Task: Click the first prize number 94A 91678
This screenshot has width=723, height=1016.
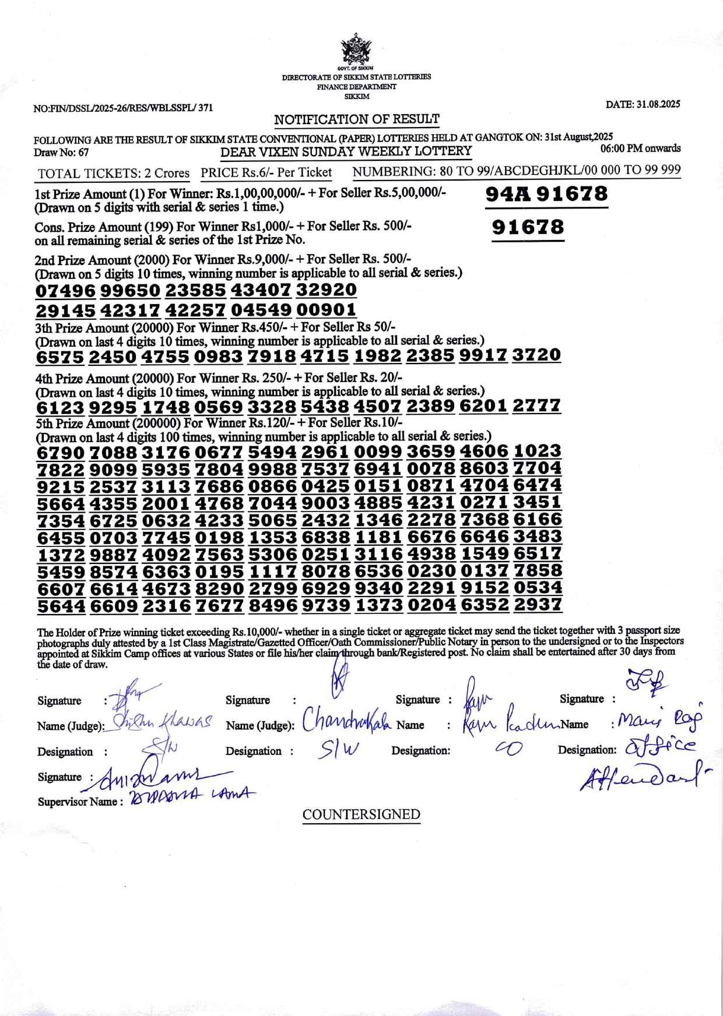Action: coord(546,194)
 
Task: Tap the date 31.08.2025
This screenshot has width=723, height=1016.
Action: coord(643,104)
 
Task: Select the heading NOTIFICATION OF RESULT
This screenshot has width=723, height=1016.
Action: coord(357,119)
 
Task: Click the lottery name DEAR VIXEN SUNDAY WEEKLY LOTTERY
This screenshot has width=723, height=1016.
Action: coord(346,151)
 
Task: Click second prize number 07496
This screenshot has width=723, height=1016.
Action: coord(65,291)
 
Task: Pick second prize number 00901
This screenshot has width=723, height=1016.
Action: coord(326,310)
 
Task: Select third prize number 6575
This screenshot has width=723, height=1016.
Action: coord(60,357)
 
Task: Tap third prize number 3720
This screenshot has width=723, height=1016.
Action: coord(536,355)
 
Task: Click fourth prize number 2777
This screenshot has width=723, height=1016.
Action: coord(536,405)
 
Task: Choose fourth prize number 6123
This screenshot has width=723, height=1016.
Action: coord(60,407)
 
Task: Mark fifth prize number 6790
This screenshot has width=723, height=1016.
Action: coord(61,453)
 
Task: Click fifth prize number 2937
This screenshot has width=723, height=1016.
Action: coord(538,605)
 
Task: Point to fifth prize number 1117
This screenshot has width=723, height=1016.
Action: coord(273,571)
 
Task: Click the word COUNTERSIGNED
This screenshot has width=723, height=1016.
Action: coord(361,814)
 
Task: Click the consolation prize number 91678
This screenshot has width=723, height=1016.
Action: coord(528,227)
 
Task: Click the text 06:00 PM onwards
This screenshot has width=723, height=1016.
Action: coord(640,149)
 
